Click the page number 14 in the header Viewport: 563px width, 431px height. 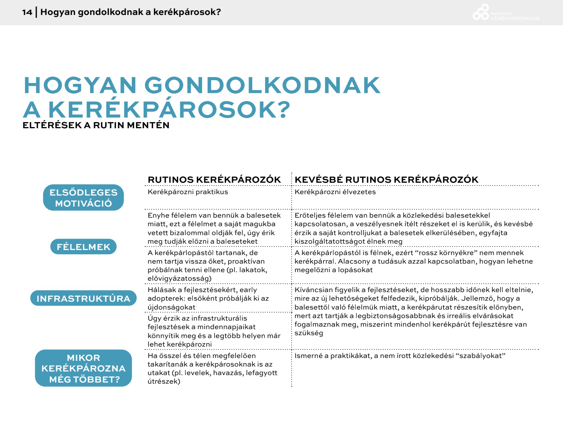pyautogui.click(x=27, y=12)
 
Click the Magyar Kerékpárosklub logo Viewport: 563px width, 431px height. pyautogui.click(x=505, y=13)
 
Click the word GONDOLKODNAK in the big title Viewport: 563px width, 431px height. pyautogui.click(x=262, y=85)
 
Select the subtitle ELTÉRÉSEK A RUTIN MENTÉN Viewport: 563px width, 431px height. pyautogui.click(x=96, y=125)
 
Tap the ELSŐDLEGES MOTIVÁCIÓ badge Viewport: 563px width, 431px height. pyautogui.click(x=83, y=198)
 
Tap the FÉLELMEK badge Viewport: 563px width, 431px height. pyautogui.click(x=83, y=247)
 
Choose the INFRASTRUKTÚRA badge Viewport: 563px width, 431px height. pyautogui.click(x=83, y=298)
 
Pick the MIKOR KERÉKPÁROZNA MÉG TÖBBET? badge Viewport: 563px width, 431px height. pyautogui.click(x=83, y=368)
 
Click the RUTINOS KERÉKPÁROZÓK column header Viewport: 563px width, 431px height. pyautogui.click(x=214, y=180)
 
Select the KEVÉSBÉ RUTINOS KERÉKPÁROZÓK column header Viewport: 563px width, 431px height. pyautogui.click(x=386, y=180)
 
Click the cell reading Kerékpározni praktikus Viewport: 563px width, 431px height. pyautogui.click(x=188, y=192)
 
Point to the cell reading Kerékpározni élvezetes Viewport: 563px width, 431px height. pyautogui.click(x=335, y=192)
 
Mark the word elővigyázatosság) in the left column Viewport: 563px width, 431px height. pyautogui.click(x=180, y=279)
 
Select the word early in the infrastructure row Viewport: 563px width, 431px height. pyautogui.click(x=248, y=290)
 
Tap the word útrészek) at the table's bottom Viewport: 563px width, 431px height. pyautogui.click(x=164, y=381)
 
